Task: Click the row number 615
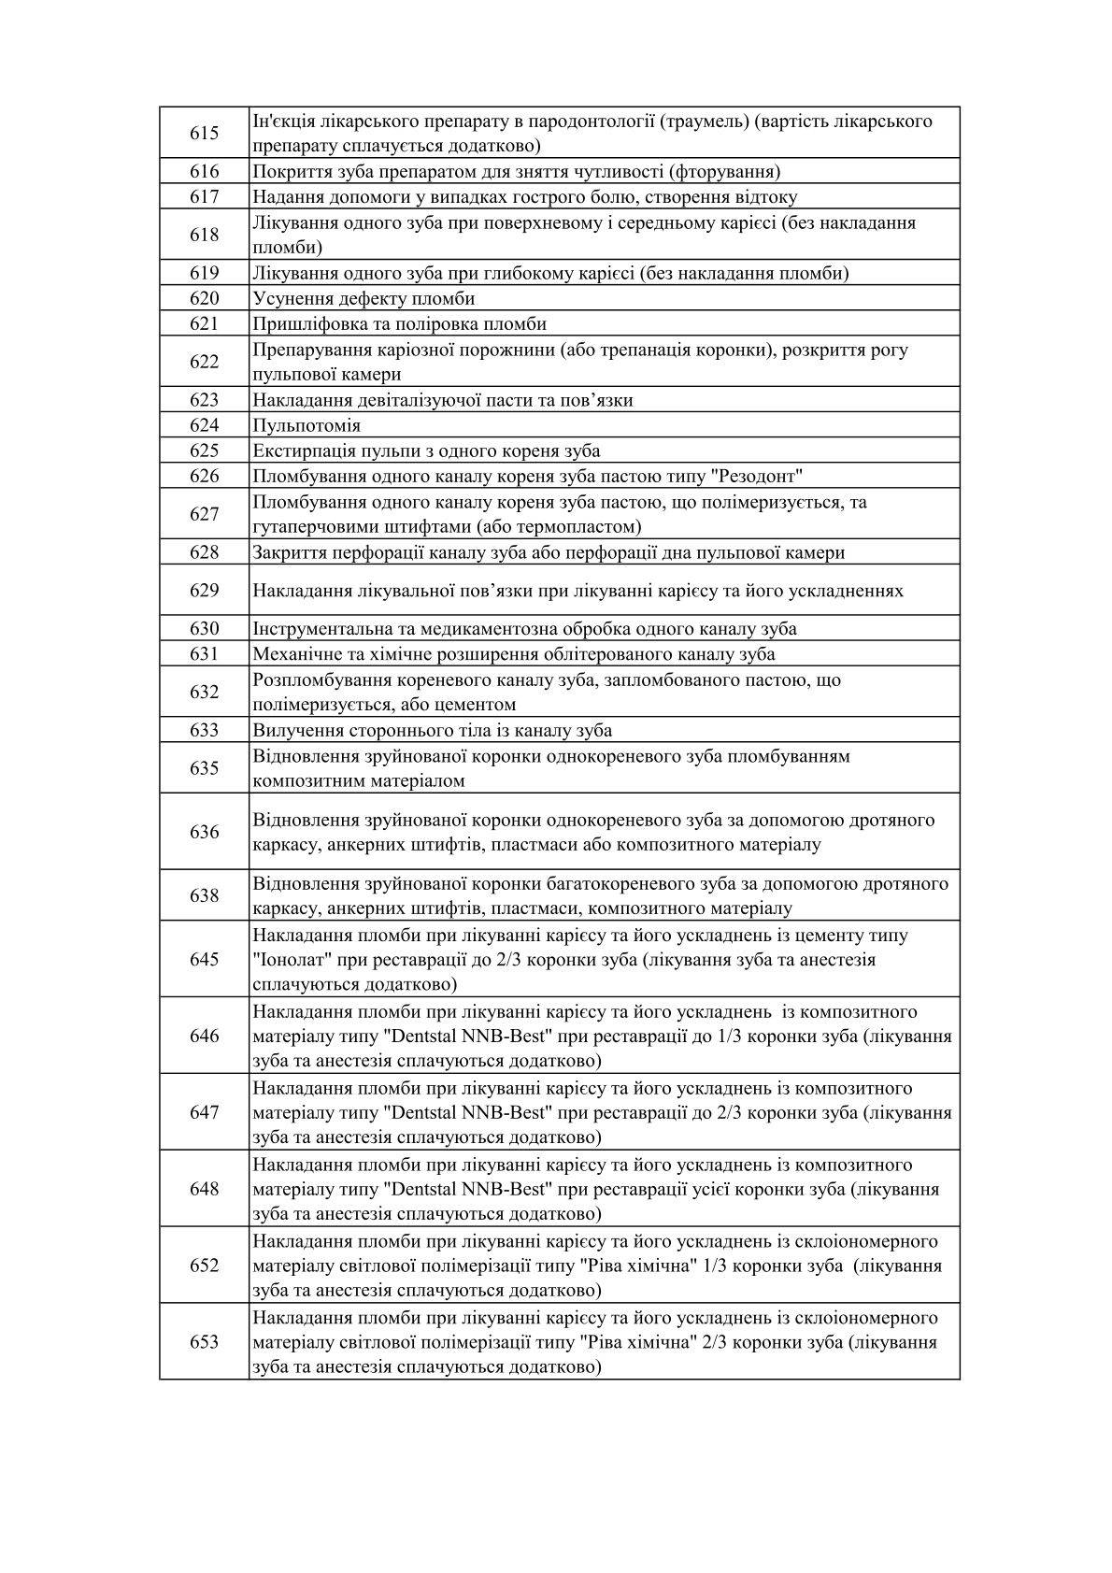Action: tap(204, 133)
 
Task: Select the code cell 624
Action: tap(204, 425)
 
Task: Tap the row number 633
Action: tap(204, 730)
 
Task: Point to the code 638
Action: tap(204, 895)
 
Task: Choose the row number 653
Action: tap(204, 1341)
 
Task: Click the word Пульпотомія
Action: tap(307, 425)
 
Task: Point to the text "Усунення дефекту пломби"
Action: tap(364, 298)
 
